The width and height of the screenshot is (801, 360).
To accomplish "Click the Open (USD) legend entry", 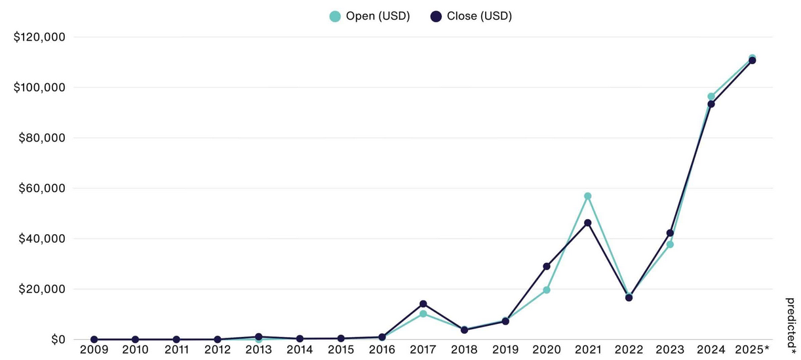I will [x=370, y=16].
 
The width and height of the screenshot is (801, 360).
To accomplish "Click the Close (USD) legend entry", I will [x=471, y=16].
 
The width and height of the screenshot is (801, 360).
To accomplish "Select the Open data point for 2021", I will [x=588, y=196].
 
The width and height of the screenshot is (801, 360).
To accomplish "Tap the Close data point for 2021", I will [x=588, y=223].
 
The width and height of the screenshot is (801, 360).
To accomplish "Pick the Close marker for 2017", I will [x=423, y=304].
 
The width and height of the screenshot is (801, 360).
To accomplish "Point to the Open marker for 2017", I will [x=423, y=314].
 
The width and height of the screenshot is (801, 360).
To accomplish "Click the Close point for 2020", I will [x=547, y=266].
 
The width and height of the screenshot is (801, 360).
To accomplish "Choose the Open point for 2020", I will [x=547, y=290].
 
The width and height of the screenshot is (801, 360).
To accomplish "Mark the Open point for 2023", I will [x=670, y=245].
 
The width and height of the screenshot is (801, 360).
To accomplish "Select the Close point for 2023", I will [x=670, y=233].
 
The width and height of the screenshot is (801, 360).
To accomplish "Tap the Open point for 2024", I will [x=711, y=96].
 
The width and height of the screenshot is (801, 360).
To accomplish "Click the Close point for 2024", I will [x=711, y=104].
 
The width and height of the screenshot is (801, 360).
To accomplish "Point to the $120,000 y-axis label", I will [x=39, y=37].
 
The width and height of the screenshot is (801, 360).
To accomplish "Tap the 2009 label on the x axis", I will [x=94, y=349].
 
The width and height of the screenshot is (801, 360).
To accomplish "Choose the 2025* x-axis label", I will [x=753, y=349].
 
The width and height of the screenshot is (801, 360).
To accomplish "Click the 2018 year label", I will [x=464, y=349].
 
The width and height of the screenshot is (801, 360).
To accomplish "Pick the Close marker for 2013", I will [x=259, y=336].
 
